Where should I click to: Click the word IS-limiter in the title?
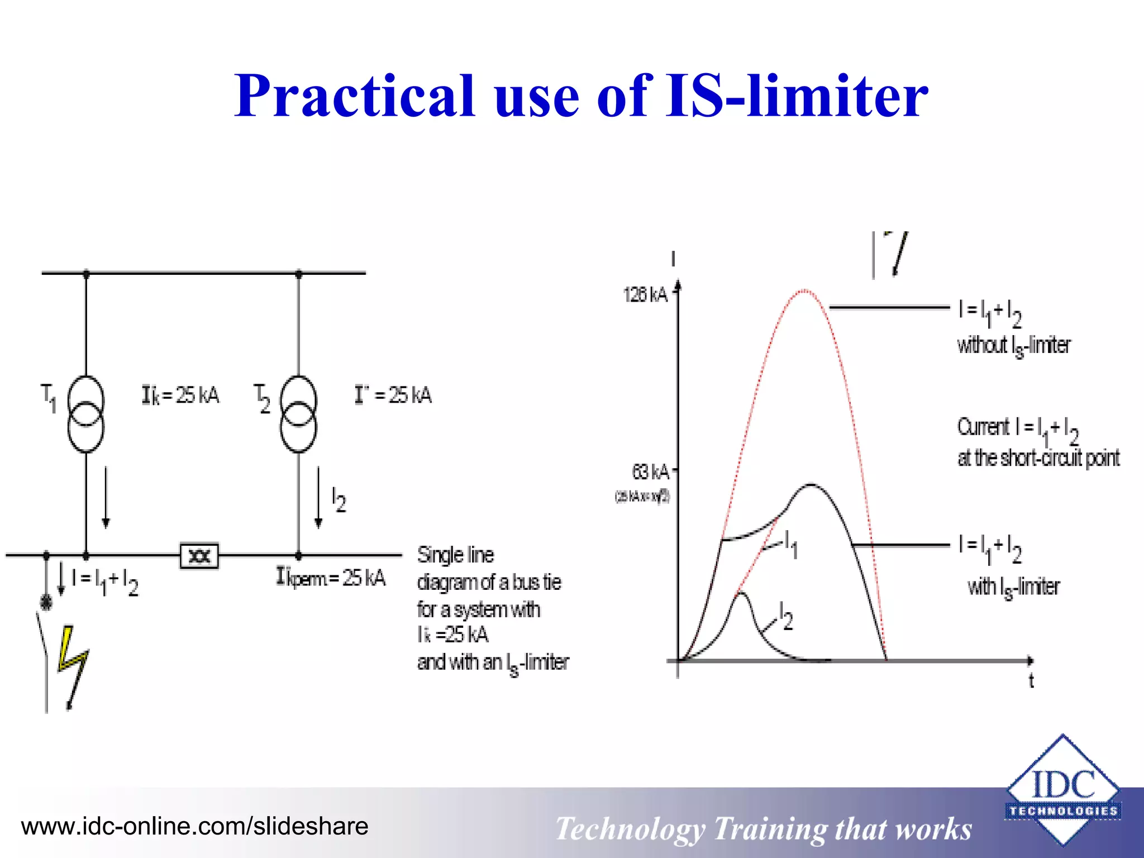797,96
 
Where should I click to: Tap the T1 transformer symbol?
85,414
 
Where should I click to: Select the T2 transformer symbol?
298,414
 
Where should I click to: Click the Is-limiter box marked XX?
199,556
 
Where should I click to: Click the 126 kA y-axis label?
645,294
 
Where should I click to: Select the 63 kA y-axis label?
650,472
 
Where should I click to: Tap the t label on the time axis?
1031,681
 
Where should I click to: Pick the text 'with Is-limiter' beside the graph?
1014,587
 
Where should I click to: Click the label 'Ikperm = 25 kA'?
331,577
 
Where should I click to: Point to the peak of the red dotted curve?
803,291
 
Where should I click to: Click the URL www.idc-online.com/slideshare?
194,826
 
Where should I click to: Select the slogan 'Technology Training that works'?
764,828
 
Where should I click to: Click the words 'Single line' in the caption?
455,555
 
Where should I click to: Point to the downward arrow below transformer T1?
106,497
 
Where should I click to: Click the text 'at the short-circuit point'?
1038,458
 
